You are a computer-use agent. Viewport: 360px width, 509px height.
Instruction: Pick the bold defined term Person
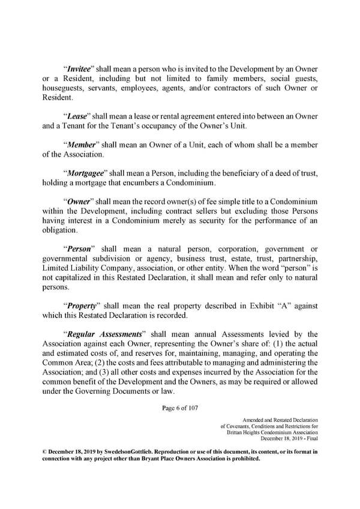pos(79,249)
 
